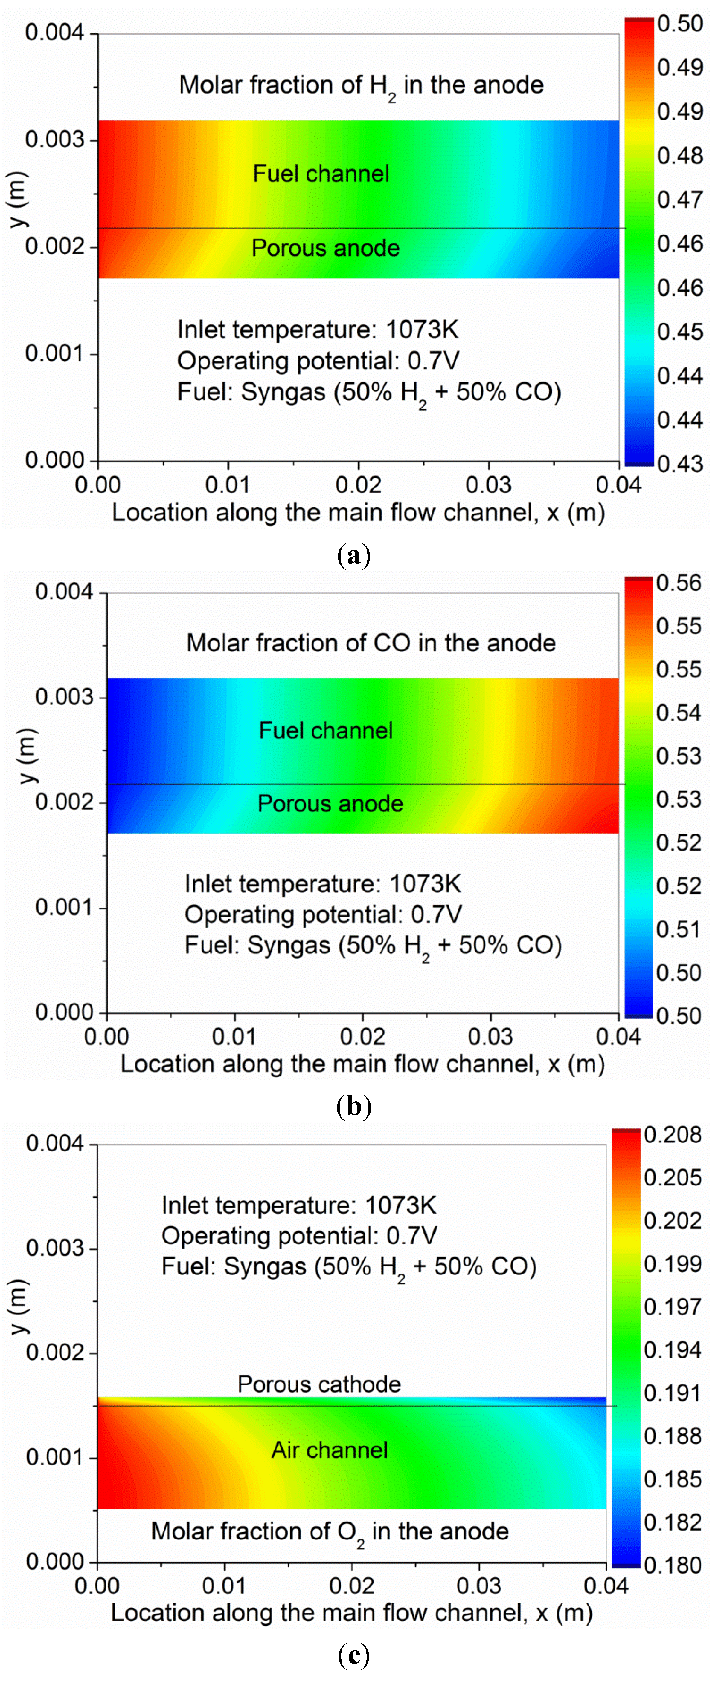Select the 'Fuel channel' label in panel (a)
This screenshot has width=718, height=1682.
pos(321,174)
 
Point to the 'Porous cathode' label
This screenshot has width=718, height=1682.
pos(319,1384)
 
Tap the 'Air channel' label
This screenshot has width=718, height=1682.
pos(329,1450)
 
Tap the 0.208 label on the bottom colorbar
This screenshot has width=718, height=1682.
pos(672,1135)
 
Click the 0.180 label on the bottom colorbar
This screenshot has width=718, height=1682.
pos(672,1565)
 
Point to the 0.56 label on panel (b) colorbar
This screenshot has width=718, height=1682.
pos(678,583)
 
